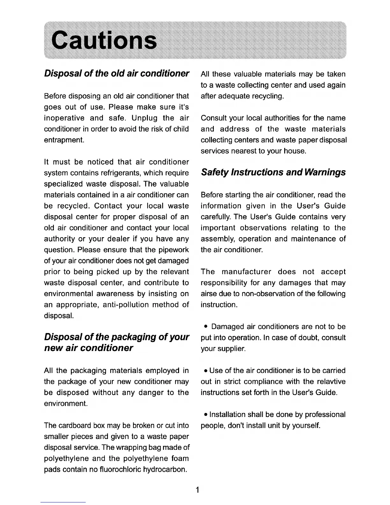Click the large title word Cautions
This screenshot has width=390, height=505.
104,41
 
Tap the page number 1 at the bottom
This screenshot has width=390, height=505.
198,490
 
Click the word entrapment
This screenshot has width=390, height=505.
64,140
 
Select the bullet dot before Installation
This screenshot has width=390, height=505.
206,415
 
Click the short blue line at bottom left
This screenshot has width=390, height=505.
63,502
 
